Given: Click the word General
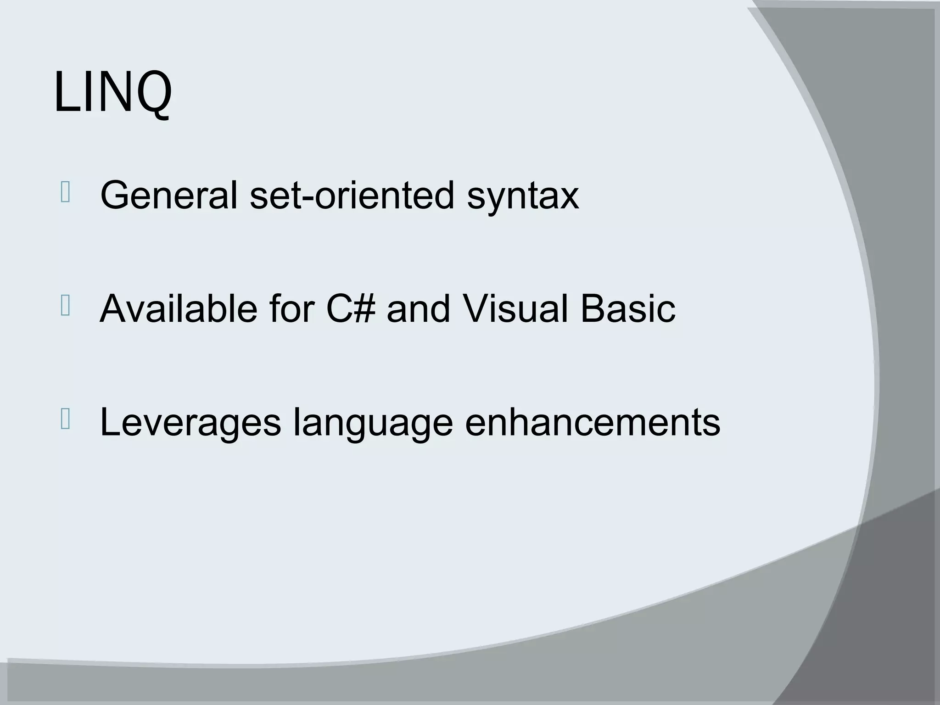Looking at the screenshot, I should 168,196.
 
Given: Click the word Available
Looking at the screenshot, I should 178,308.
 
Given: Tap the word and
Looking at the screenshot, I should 418,308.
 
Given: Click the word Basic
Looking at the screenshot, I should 627,308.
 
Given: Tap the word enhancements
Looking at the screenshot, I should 593,422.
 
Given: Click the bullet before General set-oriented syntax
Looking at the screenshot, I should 65,192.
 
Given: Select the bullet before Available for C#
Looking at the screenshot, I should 65,306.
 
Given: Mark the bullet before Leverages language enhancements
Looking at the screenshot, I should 65,420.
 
